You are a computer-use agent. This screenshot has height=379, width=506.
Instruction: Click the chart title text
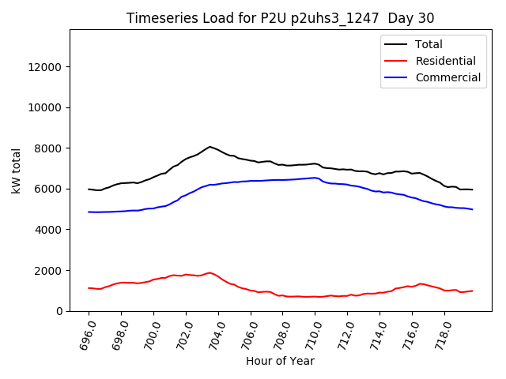(280, 17)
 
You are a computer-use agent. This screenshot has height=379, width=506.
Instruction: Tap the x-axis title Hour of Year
(280, 361)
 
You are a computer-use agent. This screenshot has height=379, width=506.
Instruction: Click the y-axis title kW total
(17, 171)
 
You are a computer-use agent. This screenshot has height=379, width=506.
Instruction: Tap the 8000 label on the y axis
(49, 148)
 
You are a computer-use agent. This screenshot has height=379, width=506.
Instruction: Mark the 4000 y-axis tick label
(49, 230)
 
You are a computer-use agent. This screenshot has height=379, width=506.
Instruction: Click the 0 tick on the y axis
(59, 311)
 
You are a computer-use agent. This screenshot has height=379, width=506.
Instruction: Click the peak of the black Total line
(210, 147)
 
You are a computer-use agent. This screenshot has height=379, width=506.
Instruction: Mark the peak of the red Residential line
(210, 273)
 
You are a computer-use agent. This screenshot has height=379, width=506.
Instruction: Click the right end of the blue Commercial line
(473, 209)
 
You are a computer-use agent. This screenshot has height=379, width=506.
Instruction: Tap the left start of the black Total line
(89, 189)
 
